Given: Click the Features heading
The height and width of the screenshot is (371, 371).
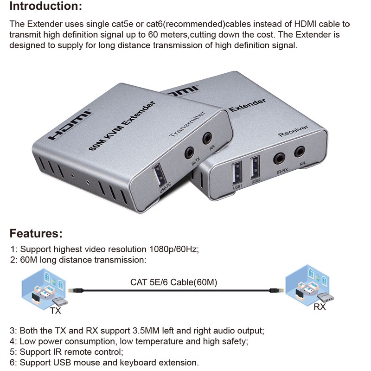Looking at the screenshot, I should [36, 233].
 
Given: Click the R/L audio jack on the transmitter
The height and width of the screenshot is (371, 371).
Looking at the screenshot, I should [206, 138].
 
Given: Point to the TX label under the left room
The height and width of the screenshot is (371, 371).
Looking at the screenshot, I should [55, 311].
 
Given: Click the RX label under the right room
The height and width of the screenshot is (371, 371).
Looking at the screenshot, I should [320, 307].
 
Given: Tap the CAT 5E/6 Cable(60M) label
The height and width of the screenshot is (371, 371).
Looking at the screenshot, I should [173, 282].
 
